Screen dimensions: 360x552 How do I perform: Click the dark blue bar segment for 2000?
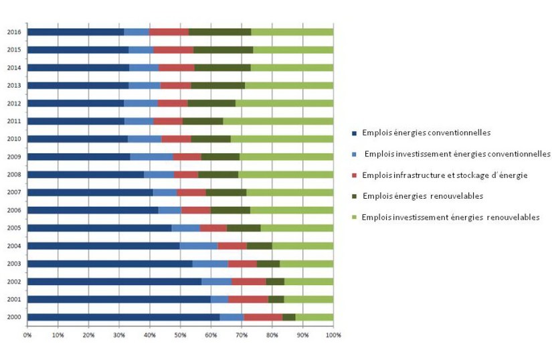pos(123,317)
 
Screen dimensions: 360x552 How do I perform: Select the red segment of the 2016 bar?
pos(169,31)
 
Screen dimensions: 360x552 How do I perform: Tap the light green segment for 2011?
pos(278,121)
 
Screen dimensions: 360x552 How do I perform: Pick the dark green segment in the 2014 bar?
pos(222,68)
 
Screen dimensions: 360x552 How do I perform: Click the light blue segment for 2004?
pos(199,246)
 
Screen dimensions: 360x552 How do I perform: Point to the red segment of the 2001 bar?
pos(248,299)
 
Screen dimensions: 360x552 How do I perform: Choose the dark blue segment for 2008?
pos(86,175)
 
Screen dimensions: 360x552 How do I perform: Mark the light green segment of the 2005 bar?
pos(296,228)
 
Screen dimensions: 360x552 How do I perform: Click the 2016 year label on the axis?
pos(13,31)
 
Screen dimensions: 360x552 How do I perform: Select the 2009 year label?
pos(13,157)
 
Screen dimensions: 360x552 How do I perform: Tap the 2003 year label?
pos(13,264)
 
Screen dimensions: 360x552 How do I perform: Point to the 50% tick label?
pos(180,333)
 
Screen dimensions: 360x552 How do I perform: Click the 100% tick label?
pos(333,333)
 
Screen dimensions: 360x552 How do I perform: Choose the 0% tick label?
pos(27,333)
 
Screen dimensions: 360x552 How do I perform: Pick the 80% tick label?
pos(272,333)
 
